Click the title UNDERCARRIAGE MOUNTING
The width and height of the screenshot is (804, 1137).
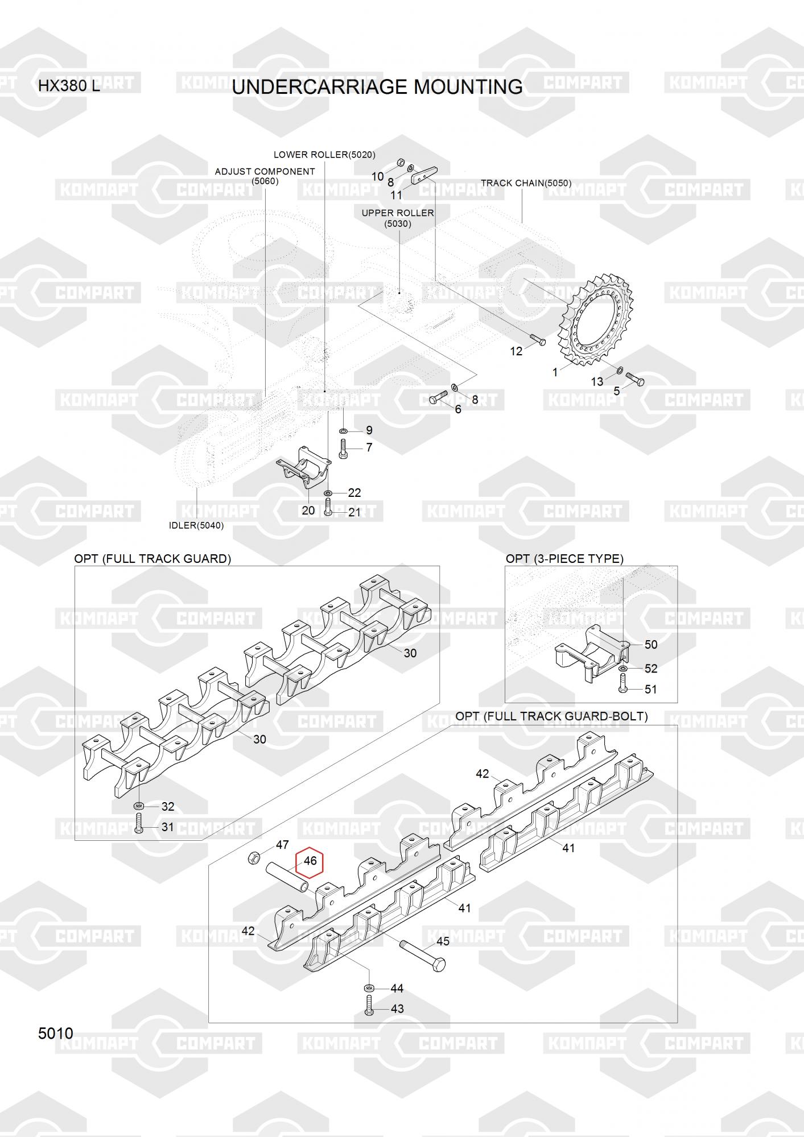click(377, 87)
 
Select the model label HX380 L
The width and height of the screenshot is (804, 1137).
click(69, 86)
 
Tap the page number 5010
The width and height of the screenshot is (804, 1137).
click(56, 1033)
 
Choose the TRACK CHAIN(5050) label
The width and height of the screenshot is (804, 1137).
click(526, 183)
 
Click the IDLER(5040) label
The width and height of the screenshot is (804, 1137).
click(196, 525)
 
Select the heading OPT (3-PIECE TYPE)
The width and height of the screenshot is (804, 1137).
click(564, 559)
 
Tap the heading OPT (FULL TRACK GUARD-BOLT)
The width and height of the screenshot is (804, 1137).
click(551, 716)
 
